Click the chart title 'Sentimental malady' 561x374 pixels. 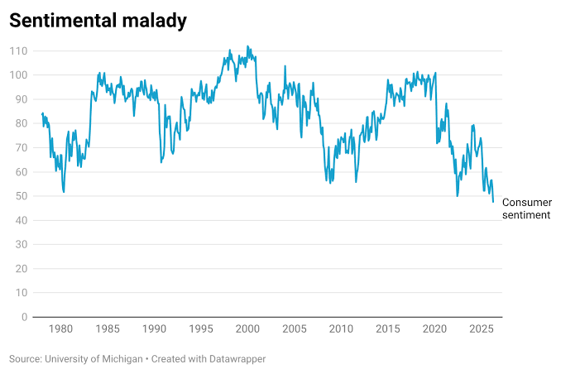[x=98, y=21]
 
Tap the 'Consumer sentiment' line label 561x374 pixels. [x=526, y=209]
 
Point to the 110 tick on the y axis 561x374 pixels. [x=19, y=51]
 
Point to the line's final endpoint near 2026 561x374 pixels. [x=493, y=202]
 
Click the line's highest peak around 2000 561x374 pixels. [x=247, y=46]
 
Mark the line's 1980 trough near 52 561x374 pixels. [x=64, y=192]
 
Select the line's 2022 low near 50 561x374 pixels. [x=457, y=196]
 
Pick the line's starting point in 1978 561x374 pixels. [x=41, y=113]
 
